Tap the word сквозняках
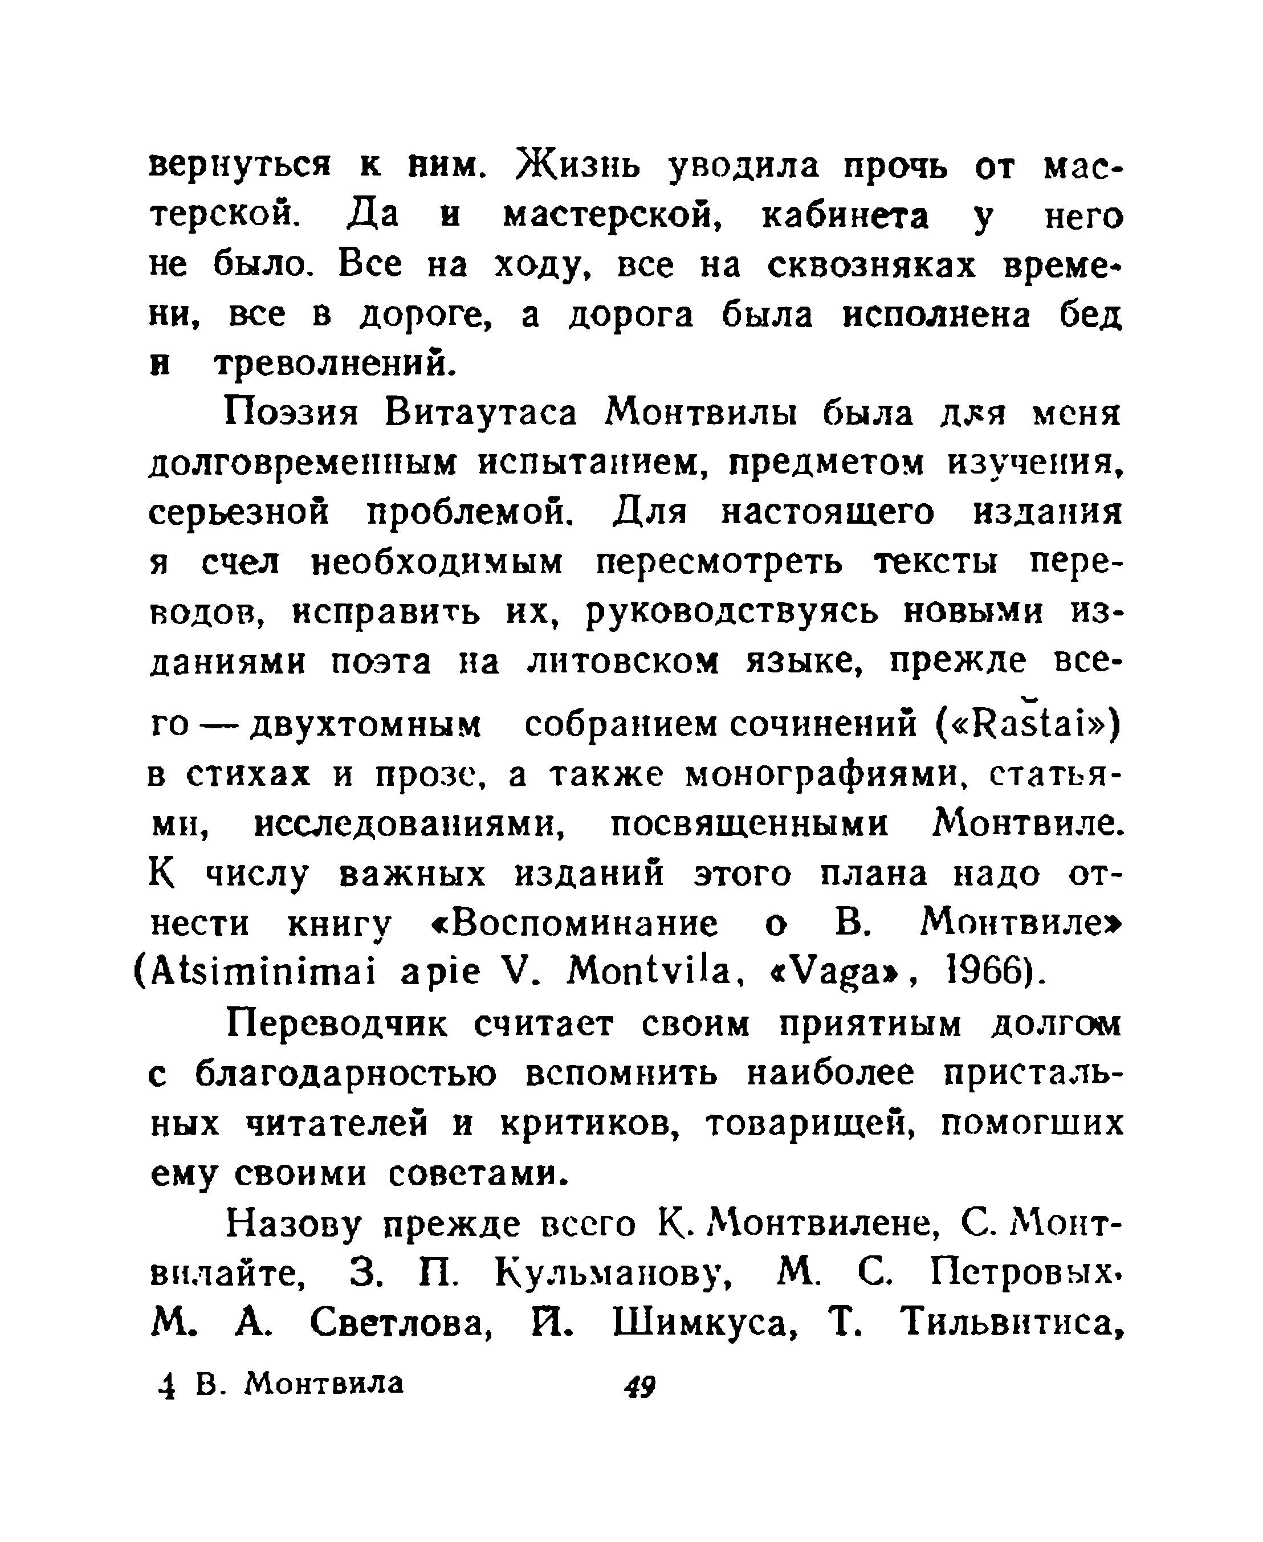click(871, 266)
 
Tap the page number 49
click(639, 1386)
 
